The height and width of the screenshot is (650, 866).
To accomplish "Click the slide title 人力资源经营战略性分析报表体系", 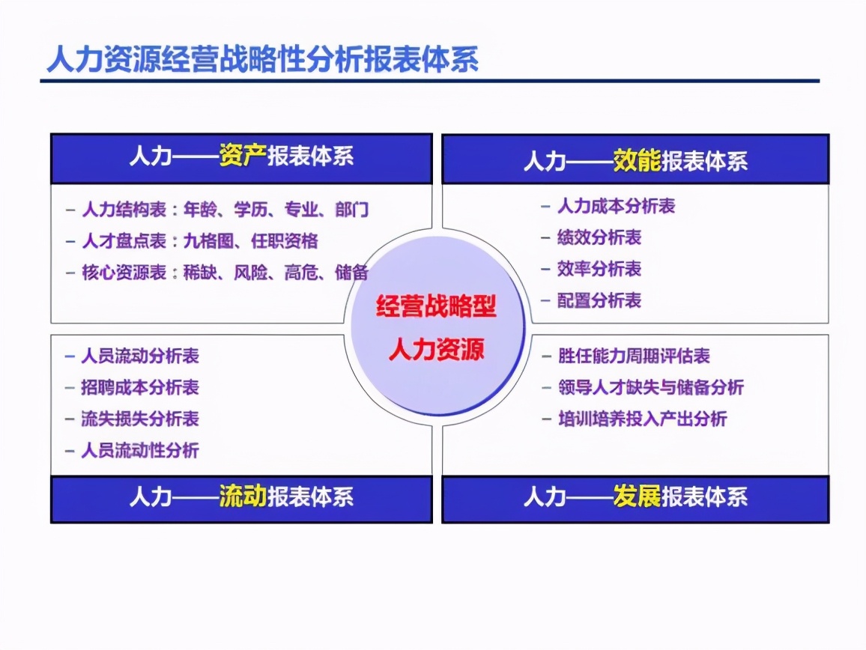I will (262, 60).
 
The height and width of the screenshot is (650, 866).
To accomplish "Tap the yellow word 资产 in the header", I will (243, 157).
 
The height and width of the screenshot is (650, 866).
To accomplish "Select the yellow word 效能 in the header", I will (637, 161).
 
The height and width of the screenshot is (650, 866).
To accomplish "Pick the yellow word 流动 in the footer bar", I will (243, 496).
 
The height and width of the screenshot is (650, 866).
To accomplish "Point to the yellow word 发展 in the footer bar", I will (637, 496).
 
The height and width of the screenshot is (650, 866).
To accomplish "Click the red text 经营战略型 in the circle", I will (436, 306).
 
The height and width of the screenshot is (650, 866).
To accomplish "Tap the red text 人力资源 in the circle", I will (436, 349).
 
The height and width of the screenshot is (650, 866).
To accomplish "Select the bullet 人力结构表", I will (124, 209).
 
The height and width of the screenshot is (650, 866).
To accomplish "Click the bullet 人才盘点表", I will (124, 240).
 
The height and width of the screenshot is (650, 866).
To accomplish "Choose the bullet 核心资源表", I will (124, 273).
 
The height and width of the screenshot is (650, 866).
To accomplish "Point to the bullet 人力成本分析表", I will (617, 206).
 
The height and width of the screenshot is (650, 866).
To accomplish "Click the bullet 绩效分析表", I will (599, 237).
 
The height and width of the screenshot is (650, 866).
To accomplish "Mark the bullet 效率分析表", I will (599, 269).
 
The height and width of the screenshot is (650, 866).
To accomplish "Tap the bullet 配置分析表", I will (599, 300).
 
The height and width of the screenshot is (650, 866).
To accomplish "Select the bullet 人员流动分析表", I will (140, 356).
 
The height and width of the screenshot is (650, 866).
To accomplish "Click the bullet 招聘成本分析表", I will (140, 387).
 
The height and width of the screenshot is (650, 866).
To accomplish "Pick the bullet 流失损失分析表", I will (140, 419).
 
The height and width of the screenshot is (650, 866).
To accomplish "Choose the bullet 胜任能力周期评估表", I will (634, 356).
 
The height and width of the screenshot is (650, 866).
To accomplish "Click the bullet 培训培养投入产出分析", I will (642, 419).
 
